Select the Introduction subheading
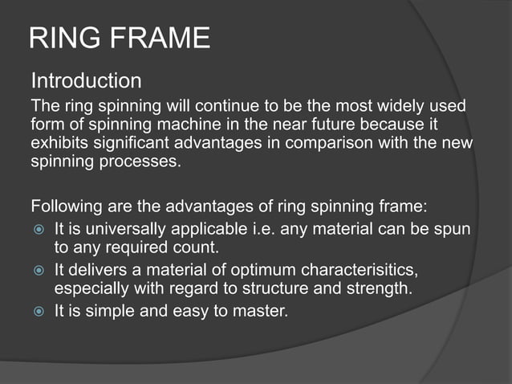[86, 80]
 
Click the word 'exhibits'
[59, 144]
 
